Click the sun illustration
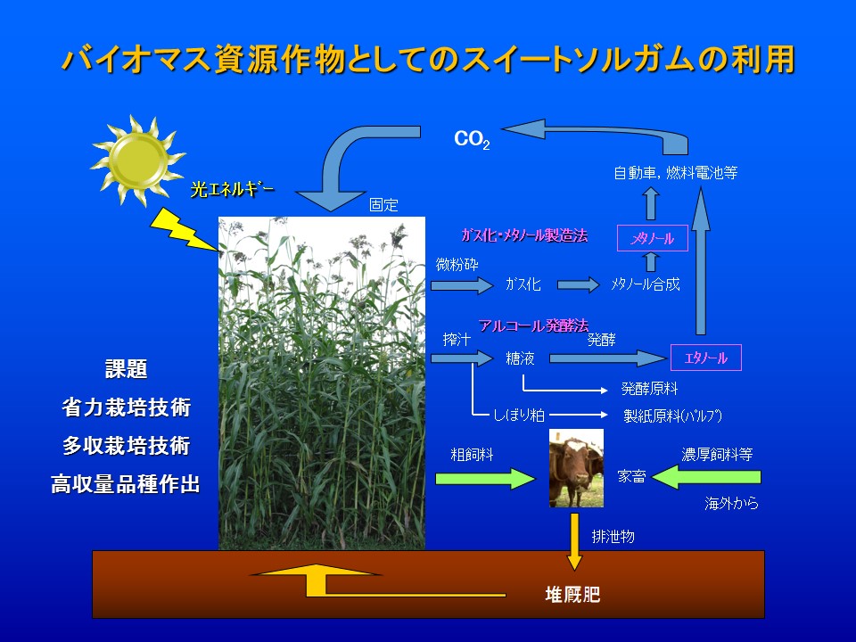click(137, 160)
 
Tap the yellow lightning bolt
click(184, 230)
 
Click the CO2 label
click(472, 140)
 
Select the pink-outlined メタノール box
click(653, 238)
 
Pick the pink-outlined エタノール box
click(706, 358)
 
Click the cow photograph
click(576, 468)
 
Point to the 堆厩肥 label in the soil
click(572, 594)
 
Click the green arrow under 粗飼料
click(485, 478)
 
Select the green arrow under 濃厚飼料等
click(706, 477)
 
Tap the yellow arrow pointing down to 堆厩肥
click(574, 541)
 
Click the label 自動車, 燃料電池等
click(676, 173)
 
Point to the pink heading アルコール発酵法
click(533, 326)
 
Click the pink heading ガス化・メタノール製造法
click(524, 235)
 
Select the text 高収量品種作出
click(125, 483)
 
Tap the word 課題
click(126, 369)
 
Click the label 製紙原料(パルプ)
click(672, 416)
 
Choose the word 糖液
click(520, 358)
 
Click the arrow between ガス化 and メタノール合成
click(578, 284)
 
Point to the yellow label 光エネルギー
click(233, 189)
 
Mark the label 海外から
click(731, 503)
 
